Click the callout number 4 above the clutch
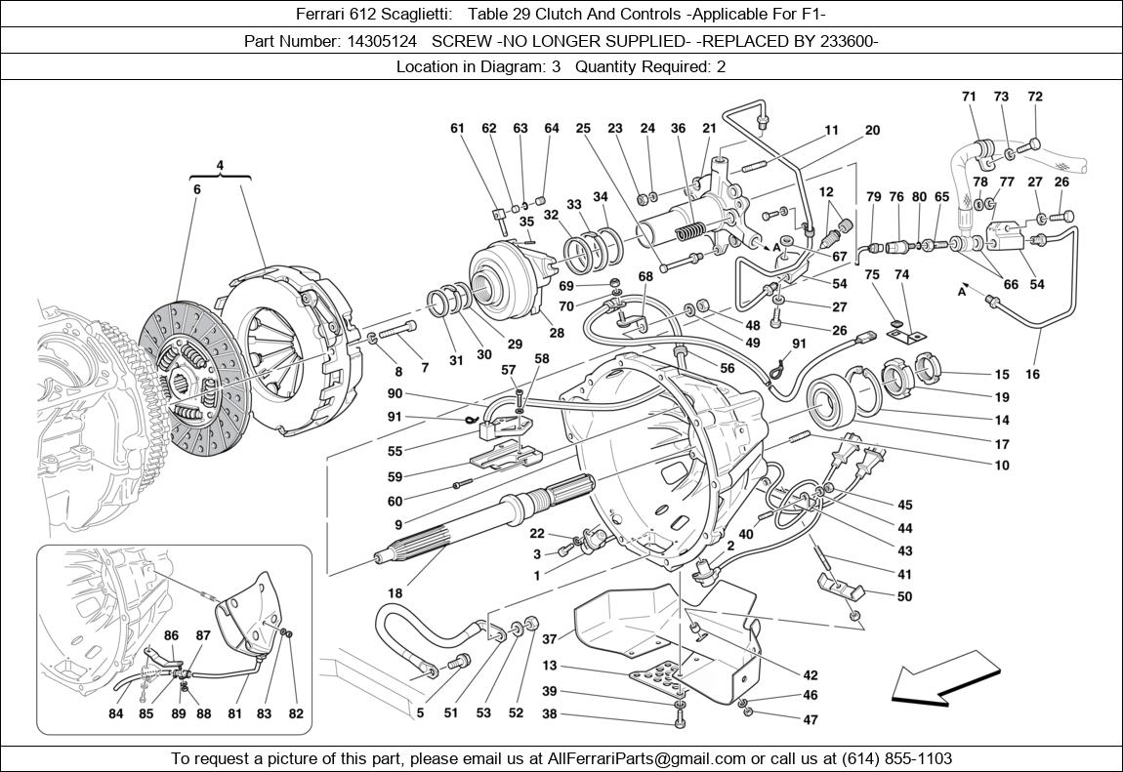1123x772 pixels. coord(220,165)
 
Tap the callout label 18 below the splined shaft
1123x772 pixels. coord(395,592)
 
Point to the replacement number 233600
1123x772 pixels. coord(848,41)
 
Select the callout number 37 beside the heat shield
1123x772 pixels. coord(550,639)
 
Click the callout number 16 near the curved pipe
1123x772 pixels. coord(1032,374)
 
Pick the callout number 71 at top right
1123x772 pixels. coord(969,97)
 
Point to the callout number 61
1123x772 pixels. coord(458,128)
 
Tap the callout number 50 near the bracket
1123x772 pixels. coord(904,596)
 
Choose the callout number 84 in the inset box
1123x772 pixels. coord(116,713)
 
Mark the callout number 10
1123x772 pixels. coord(1002,466)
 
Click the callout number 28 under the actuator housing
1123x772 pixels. coord(557,333)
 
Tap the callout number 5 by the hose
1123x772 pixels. coord(420,713)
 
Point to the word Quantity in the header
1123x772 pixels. coord(607,66)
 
